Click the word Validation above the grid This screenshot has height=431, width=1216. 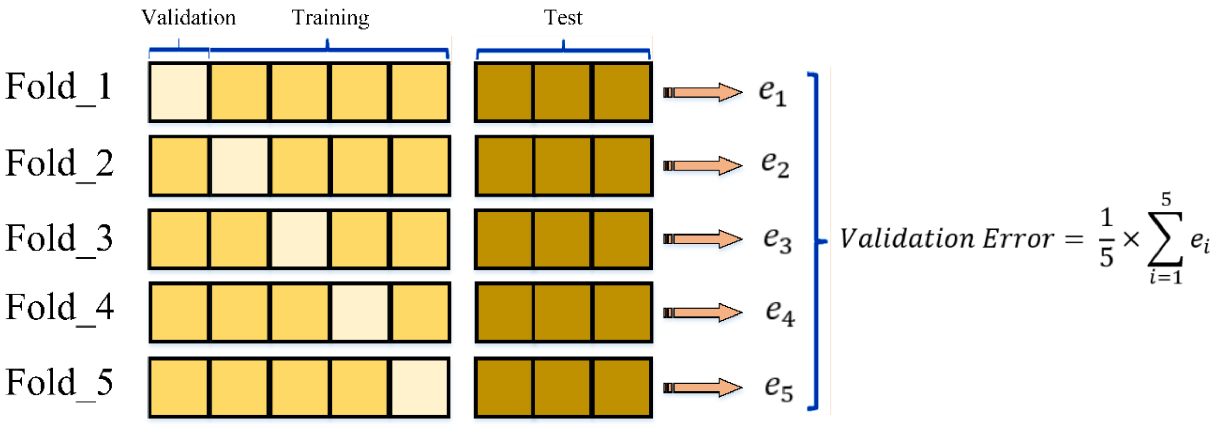[188, 18]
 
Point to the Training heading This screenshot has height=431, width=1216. [330, 18]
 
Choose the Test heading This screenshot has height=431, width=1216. [563, 18]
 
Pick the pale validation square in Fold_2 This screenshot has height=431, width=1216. [239, 165]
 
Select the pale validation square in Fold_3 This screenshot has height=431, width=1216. [299, 239]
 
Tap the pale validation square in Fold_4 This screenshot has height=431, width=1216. [360, 312]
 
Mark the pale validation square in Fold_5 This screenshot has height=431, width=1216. [420, 387]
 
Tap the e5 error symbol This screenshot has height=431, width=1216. [778, 388]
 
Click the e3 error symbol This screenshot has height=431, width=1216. [777, 239]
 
